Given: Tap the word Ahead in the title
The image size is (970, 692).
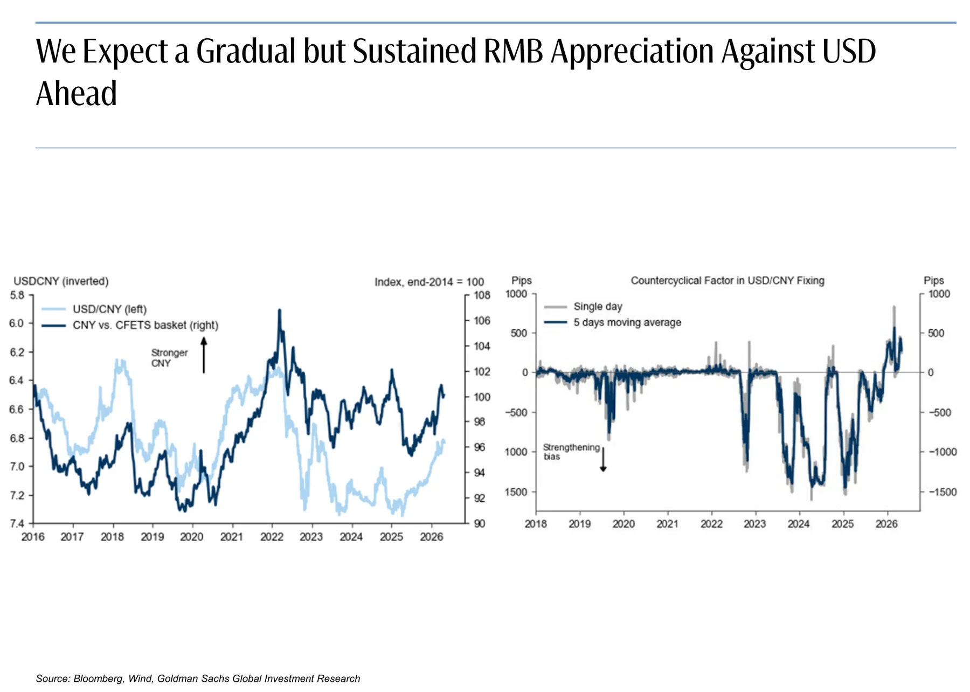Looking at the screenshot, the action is [x=77, y=93].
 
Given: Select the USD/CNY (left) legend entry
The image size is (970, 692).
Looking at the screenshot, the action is [x=94, y=309].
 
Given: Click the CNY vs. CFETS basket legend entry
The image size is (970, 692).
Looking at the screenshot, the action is [x=130, y=325].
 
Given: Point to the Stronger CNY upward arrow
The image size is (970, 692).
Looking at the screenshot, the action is [x=204, y=355].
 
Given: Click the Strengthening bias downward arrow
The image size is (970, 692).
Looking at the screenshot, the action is [x=604, y=459].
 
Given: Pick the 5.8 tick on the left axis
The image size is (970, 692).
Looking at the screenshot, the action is [x=17, y=295].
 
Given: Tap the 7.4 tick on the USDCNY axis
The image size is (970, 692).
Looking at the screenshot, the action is [x=17, y=523].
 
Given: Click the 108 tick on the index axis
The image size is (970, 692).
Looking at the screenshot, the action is [x=482, y=295].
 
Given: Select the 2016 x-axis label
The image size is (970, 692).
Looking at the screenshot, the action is [x=33, y=537].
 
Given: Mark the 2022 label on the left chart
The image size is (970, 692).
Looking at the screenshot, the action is [x=272, y=537].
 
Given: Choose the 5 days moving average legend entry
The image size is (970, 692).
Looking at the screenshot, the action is [x=613, y=322].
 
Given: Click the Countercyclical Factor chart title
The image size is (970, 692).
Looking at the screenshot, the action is [x=727, y=281].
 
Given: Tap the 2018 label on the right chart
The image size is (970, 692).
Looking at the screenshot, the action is [x=536, y=524].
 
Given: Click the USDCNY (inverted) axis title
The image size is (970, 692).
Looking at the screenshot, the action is [x=61, y=281].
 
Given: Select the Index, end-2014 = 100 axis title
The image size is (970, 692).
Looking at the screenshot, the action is [x=429, y=282].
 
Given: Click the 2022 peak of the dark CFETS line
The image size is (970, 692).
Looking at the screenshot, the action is [x=279, y=310].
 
